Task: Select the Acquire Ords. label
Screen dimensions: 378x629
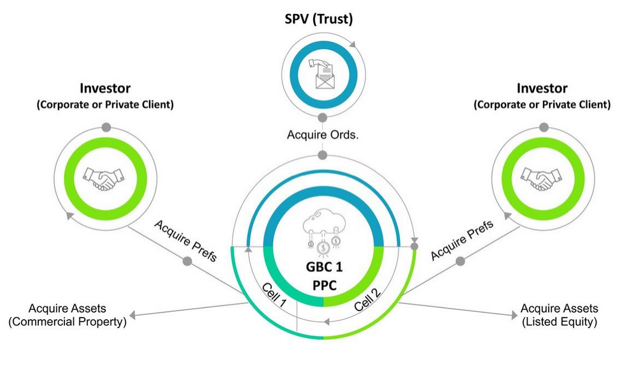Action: [323, 136]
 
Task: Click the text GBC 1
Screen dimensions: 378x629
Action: [323, 266]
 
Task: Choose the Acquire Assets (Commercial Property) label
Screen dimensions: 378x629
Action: [67, 316]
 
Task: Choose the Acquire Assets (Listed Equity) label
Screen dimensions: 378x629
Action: [559, 316]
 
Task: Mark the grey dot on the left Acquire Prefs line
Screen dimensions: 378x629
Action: [187, 261]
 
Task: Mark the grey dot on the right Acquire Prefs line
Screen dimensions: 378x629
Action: [460, 261]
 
